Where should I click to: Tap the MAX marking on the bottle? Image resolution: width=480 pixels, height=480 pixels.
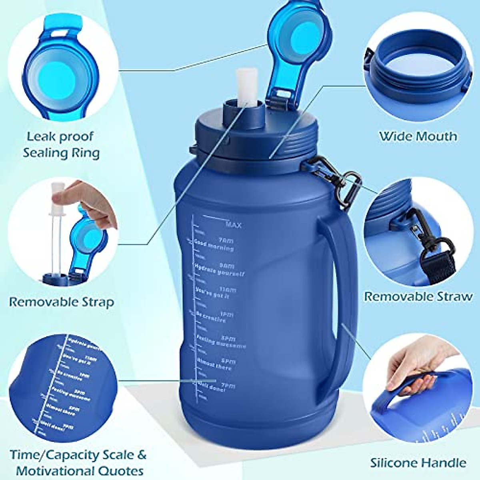coord(233,225)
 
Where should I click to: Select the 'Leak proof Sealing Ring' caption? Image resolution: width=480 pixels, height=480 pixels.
coord(61,144)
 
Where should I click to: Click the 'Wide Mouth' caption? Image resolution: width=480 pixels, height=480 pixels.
coord(418,136)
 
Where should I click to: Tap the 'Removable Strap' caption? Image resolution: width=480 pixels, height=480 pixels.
coord(61,302)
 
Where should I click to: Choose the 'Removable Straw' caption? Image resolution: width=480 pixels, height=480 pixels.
coord(418,296)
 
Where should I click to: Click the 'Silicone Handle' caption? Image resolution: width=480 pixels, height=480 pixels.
coord(418,463)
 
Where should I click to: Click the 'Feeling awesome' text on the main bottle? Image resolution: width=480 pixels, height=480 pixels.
coord(220,342)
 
